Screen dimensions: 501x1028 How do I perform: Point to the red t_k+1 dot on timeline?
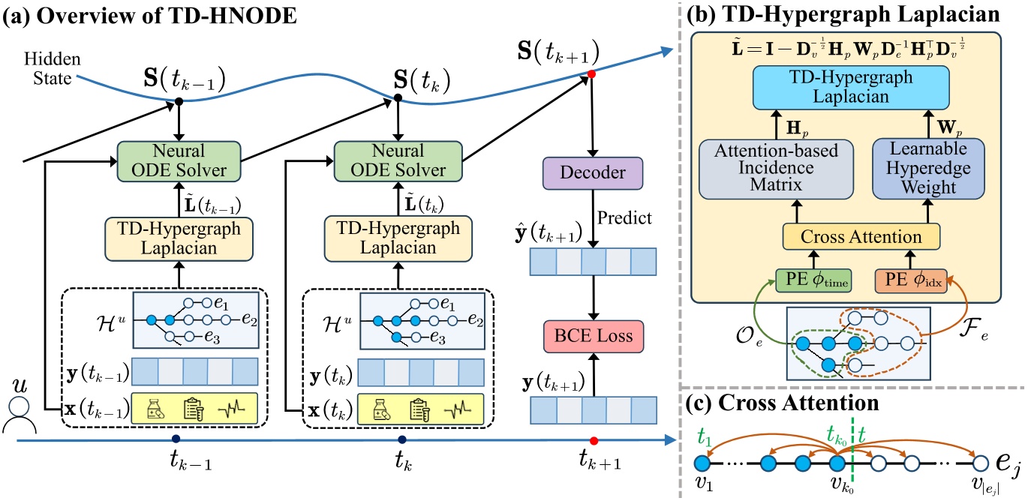[x=593, y=439]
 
